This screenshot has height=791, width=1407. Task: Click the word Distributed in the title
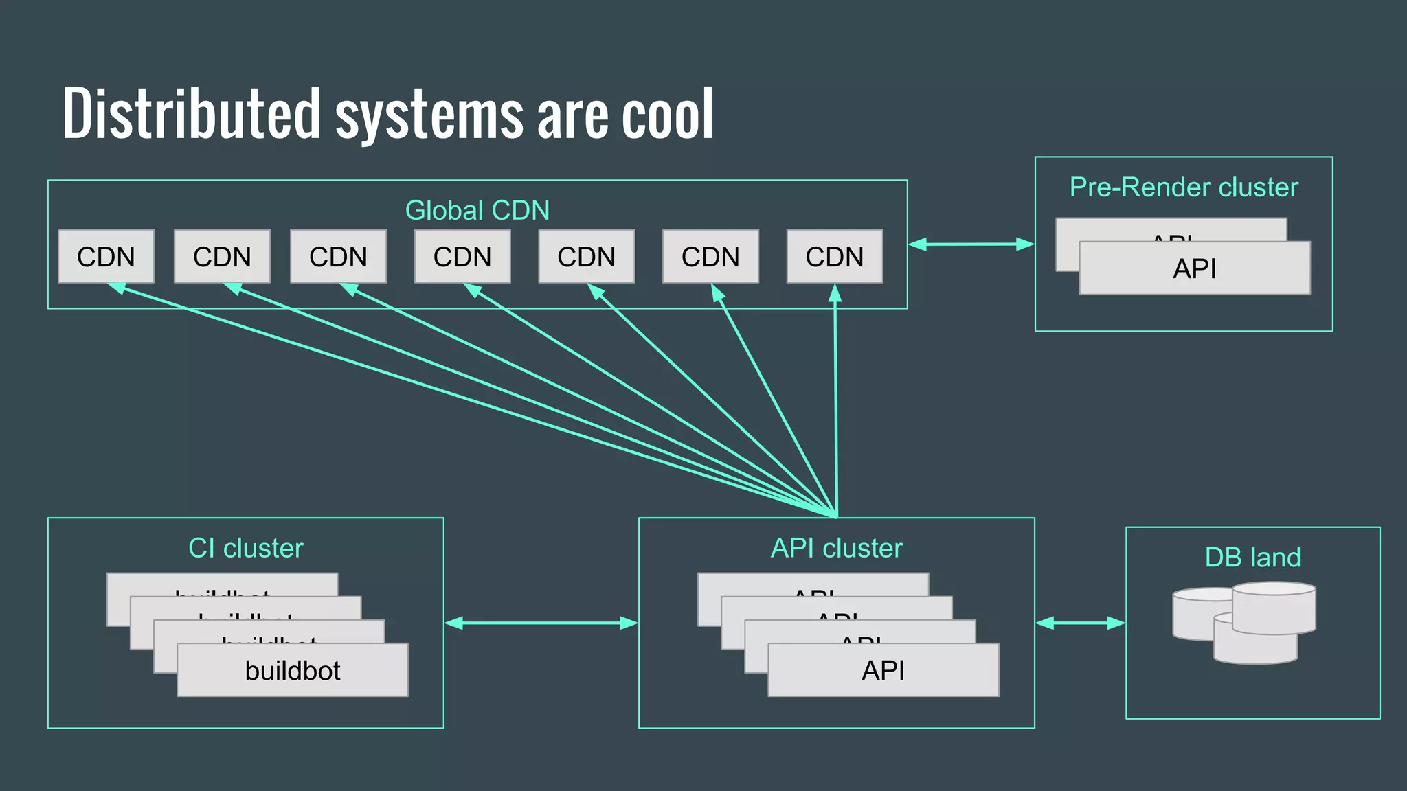191,113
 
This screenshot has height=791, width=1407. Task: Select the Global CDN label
477,210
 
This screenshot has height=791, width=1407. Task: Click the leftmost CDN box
106,257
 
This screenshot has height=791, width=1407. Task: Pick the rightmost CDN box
834,257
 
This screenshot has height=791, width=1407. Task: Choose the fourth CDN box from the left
462,257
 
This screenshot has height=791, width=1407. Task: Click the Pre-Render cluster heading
1183,187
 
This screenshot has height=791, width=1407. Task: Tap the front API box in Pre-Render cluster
1194,269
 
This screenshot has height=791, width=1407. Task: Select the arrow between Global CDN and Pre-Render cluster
971,244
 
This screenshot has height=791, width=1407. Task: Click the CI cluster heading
245,548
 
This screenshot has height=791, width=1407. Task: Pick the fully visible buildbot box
293,671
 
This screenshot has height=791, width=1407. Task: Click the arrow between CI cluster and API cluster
541,623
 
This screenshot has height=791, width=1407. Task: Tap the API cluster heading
836,548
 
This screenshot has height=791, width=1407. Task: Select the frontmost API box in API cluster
883,671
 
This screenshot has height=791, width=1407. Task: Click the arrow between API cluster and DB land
1080,623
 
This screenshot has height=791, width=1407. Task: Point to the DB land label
1252,558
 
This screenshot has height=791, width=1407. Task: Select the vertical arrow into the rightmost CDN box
835,398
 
